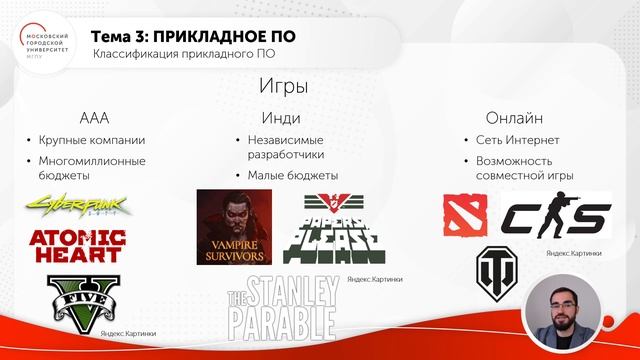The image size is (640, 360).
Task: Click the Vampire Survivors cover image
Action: point(234,227)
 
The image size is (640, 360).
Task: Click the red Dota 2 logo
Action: point(465,215)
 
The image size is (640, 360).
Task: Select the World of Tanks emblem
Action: point(497,270)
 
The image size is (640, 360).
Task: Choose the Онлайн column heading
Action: point(514,117)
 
